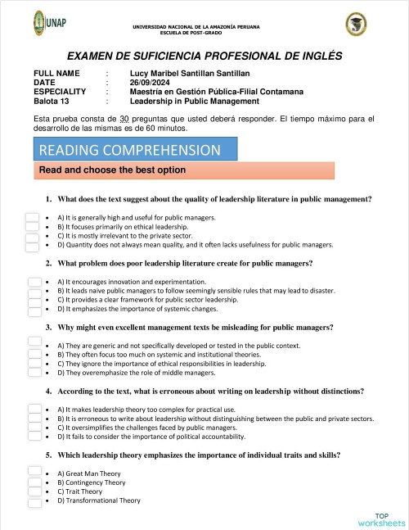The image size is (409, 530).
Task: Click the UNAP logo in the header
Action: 51,23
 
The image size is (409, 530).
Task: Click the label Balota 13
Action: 52,102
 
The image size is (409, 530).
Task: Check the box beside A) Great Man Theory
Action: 34,472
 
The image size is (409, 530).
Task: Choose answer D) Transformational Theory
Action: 98,501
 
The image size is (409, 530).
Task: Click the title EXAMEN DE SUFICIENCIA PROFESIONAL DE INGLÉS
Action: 204,57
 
